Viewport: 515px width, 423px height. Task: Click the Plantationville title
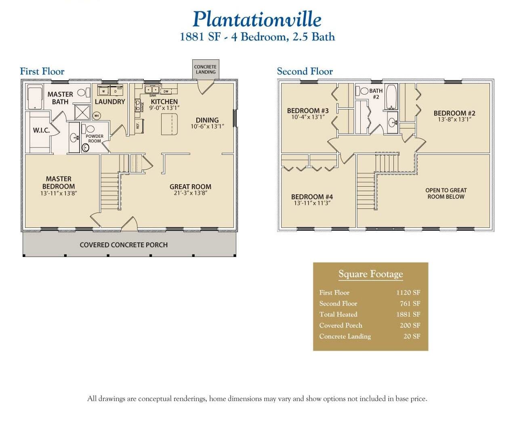[257, 19]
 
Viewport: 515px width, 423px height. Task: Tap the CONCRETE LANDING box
[205, 69]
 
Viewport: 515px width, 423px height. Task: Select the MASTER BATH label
[60, 98]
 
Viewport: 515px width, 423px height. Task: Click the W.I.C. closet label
[41, 130]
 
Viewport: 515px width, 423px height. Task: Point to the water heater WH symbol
[96, 116]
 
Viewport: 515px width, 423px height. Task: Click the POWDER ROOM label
[95, 139]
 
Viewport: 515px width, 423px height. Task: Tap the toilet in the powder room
[85, 148]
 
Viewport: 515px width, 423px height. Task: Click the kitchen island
[169, 124]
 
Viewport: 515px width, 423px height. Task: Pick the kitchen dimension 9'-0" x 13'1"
[164, 108]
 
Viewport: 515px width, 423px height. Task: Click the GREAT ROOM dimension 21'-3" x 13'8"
[190, 193]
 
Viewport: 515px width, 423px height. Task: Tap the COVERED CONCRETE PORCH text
[124, 245]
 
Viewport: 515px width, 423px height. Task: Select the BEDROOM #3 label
[308, 111]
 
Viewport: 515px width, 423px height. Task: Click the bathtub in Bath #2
[391, 97]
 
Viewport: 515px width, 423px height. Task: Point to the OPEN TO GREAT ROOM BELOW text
[446, 194]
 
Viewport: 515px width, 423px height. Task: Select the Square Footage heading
[370, 274]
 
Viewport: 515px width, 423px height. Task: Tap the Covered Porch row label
[341, 325]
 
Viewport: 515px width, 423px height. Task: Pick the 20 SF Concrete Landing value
[412, 336]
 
